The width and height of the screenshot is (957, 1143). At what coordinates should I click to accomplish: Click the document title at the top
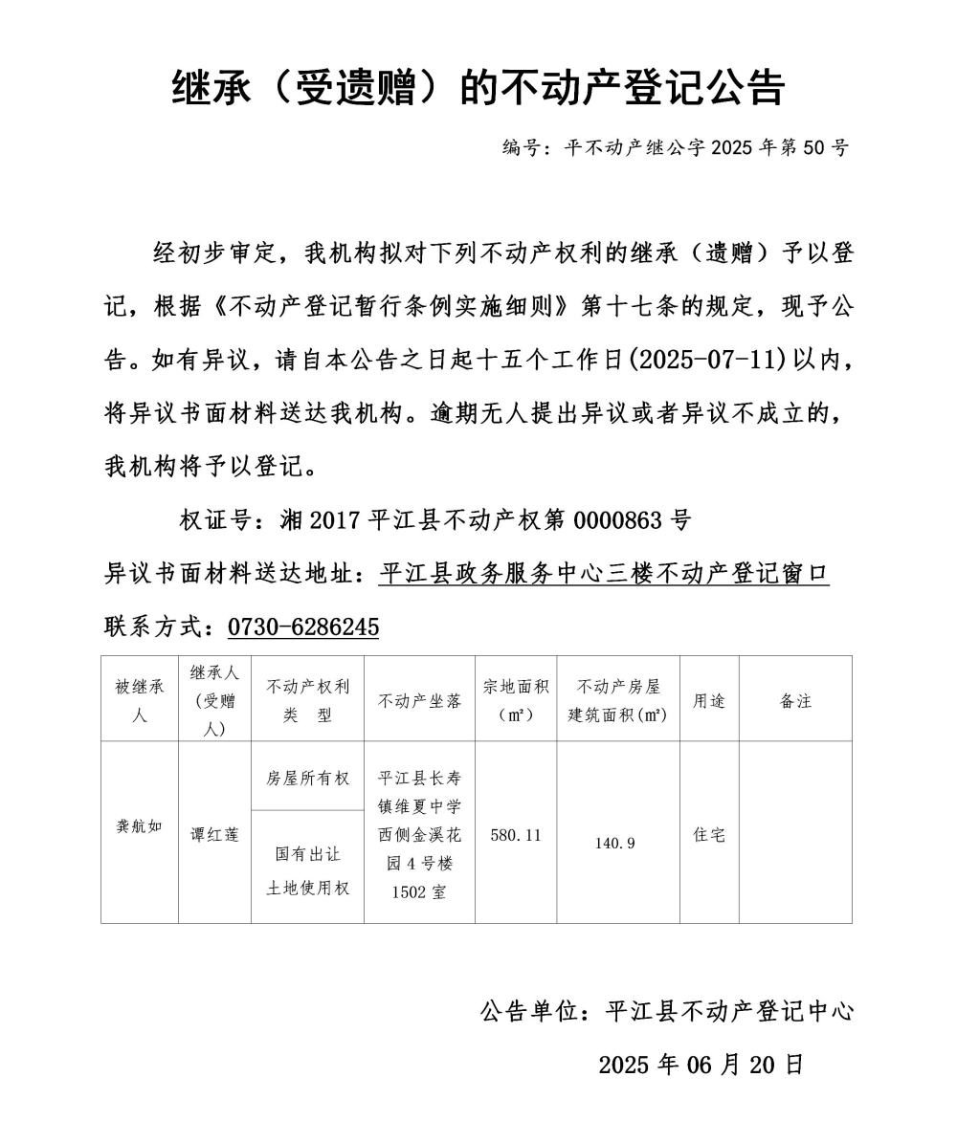coord(478,88)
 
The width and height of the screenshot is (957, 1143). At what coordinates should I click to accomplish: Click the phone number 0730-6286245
coord(303,627)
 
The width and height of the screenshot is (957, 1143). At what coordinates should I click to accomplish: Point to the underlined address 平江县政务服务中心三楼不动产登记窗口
coord(604,574)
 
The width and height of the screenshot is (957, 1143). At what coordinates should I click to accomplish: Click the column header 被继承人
coord(140,700)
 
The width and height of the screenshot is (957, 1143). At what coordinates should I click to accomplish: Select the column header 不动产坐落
coord(419,700)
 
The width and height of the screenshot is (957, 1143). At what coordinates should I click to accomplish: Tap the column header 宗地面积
coord(516,700)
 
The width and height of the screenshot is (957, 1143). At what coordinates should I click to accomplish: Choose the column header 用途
coord(709,700)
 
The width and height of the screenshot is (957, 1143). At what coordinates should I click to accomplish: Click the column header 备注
coord(795,700)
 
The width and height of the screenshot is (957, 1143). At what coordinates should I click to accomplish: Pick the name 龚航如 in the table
coord(140,826)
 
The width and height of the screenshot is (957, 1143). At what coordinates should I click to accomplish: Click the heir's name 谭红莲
coord(214,834)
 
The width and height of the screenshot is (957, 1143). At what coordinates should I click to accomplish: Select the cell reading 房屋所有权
coord(307,778)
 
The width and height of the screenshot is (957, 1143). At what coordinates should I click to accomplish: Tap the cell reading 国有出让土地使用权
coord(307,870)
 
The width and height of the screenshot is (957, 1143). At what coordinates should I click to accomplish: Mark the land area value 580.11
coord(516,835)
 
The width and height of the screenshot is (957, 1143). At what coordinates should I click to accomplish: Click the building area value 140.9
coord(614,843)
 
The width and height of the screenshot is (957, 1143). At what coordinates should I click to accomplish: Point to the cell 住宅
coord(709,835)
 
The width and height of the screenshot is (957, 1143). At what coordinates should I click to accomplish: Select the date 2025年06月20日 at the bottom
coord(701,1065)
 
